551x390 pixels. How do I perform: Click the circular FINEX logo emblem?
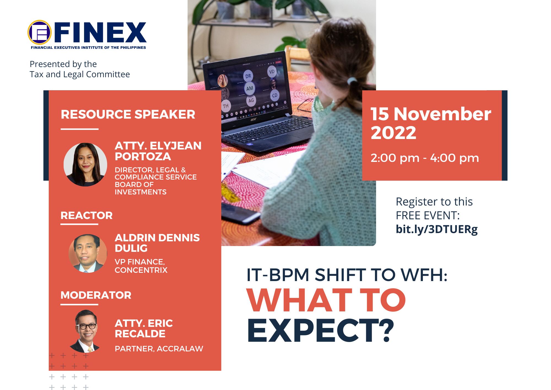(40, 33)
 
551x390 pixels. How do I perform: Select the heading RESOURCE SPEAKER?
(128, 114)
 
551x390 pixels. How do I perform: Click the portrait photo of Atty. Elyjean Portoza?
(85, 164)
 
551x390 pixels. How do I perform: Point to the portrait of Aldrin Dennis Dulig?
(88, 253)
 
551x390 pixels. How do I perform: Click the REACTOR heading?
(87, 215)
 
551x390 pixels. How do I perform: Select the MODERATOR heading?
(96, 295)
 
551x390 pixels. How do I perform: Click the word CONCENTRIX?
(141, 270)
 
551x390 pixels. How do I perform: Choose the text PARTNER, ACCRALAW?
(159, 349)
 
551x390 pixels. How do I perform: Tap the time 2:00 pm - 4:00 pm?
(425, 158)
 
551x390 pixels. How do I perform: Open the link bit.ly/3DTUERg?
(437, 229)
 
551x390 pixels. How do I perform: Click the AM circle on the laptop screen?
(250, 89)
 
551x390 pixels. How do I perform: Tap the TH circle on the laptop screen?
(226, 106)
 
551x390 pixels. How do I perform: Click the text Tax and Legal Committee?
(80, 74)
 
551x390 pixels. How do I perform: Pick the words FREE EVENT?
(428, 215)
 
